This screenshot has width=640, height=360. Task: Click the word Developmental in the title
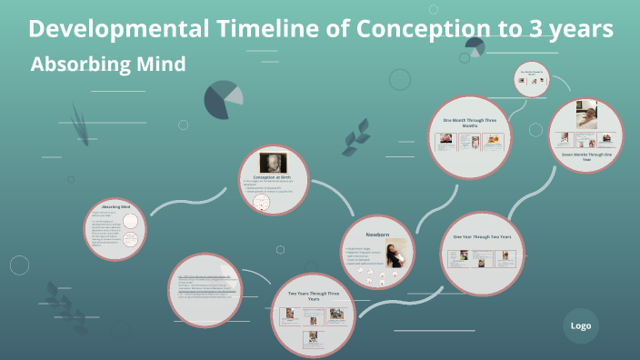coord(119,29)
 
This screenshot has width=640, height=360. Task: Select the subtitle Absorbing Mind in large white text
coord(108,65)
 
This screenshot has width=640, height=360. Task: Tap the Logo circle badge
coord(581,325)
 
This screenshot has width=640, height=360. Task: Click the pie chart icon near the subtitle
coord(223,99)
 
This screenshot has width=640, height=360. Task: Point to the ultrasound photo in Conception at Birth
coord(274,160)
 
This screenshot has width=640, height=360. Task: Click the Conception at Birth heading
coord(273,176)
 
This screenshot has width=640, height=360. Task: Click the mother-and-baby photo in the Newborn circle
coord(395,252)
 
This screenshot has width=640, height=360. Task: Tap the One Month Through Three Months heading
coord(469,120)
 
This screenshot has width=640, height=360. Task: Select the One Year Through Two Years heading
coord(482,236)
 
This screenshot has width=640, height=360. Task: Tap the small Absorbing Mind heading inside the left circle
coord(115,206)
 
